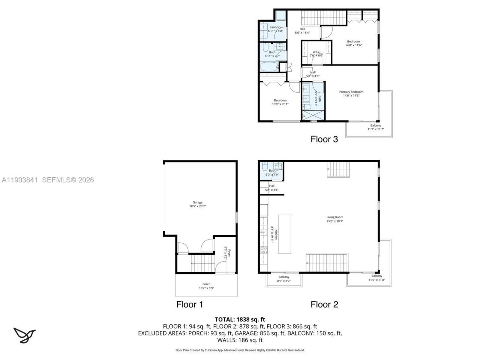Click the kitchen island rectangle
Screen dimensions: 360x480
click(285, 234)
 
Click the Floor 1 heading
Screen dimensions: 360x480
click(190, 304)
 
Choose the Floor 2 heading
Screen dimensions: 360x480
click(324, 304)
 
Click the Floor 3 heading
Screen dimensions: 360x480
click(324, 139)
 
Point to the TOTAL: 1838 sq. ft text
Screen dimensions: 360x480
click(240, 319)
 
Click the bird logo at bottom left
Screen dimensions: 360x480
click(24, 335)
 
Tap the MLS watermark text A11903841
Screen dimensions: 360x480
click(19, 180)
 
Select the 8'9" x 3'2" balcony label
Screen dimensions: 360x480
click(283, 279)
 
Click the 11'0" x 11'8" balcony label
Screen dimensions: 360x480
click(376, 278)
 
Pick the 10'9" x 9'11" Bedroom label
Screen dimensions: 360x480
click(280, 102)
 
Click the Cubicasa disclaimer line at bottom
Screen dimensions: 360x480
click(240, 350)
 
